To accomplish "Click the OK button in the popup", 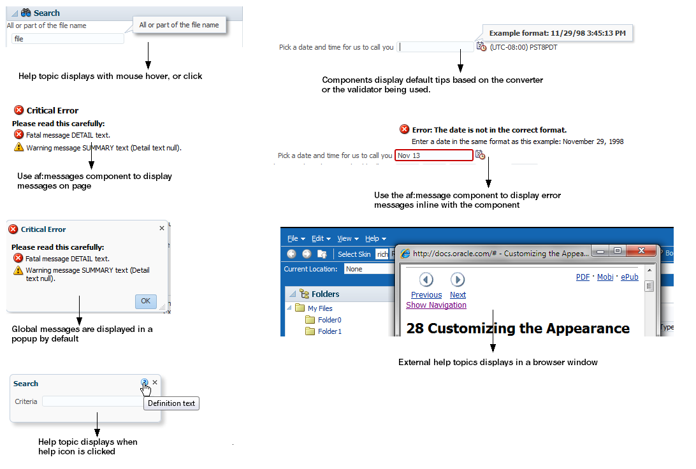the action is coord(145,301).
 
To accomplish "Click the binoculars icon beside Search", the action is coord(25,13).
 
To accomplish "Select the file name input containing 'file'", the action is coord(68,39).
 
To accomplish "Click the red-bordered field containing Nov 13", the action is coord(433,155).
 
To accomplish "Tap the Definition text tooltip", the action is coord(171,403).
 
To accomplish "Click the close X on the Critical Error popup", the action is coord(162,228).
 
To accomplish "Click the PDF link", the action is coord(583,277).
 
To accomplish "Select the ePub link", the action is coord(630,277).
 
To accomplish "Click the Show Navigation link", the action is coord(436,305).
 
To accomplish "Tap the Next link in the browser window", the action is coord(458,294).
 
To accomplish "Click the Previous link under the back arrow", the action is coord(426,294).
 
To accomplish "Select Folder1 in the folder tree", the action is coord(330,331).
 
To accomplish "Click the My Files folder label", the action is coord(320,308).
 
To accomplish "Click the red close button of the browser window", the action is coord(641,250).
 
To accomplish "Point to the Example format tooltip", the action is coord(558,33).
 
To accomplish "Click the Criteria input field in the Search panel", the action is coord(93,401).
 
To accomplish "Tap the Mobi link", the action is coord(605,277).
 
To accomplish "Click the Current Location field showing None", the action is coord(368,269).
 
